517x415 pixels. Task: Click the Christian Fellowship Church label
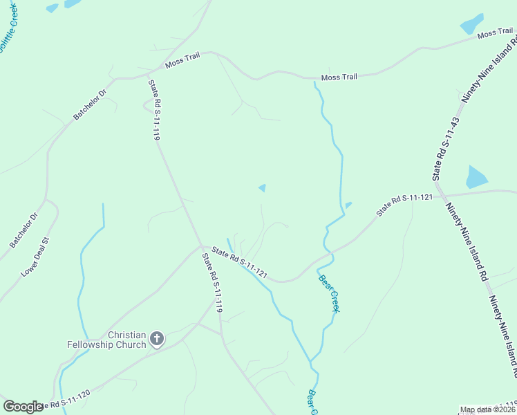pos(106,339)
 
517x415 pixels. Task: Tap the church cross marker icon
pos(157,339)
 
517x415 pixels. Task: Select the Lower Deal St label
pos(36,257)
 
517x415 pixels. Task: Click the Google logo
pos(23,407)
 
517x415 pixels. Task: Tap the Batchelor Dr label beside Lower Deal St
pos(24,230)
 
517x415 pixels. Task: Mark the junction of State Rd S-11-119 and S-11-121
pos(201,246)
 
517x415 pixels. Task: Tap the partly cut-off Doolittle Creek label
pos(8,28)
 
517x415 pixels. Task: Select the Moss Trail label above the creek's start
pos(339,77)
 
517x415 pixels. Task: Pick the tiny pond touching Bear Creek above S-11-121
pos(348,204)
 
